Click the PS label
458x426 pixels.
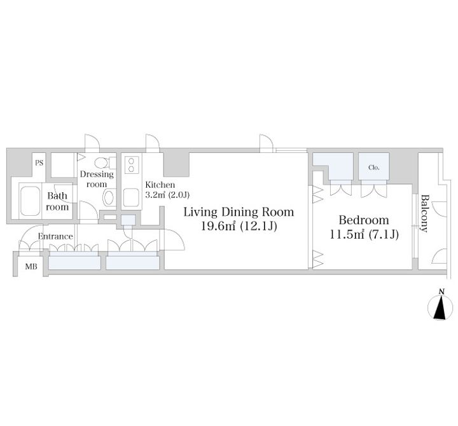39,163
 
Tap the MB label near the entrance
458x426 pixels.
31,267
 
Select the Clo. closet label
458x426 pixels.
374,167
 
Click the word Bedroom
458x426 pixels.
364,220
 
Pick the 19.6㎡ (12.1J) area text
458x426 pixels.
239,225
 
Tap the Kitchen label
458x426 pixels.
160,185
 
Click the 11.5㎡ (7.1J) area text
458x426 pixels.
364,234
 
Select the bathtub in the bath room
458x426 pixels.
31,201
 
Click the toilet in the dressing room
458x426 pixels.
105,162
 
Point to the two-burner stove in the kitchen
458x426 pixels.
132,165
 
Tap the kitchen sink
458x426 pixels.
131,197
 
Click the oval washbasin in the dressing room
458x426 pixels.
109,197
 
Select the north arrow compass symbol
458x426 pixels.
440,308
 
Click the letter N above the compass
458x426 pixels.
441,292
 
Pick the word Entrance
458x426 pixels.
55,236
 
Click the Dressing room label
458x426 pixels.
97,179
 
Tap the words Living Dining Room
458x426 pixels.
239,212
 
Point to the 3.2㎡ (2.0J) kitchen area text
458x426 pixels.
167,194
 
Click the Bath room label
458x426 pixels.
57,201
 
